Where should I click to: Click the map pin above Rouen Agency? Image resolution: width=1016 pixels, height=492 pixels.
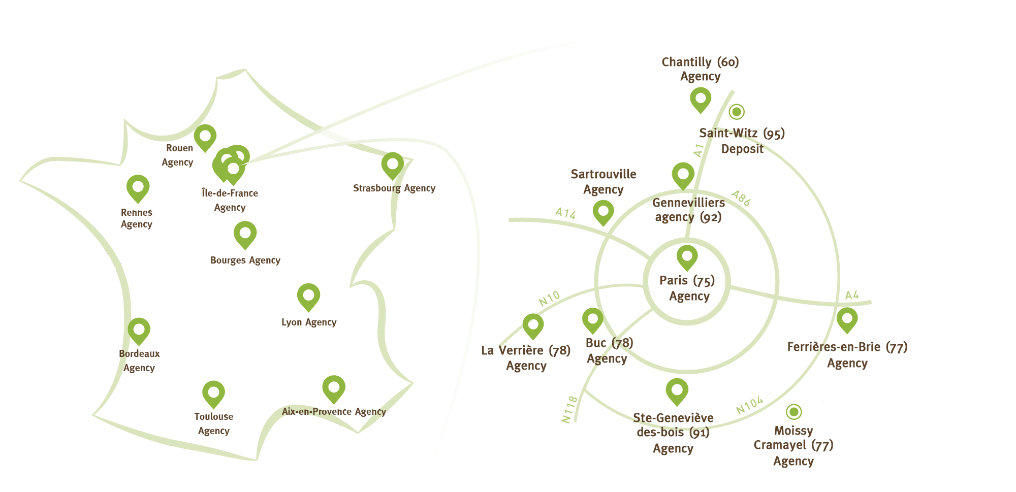click(x=205, y=138)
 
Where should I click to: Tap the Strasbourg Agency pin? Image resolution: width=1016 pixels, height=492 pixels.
click(x=393, y=166)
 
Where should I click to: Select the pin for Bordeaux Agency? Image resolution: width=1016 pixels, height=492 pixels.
click(x=139, y=331)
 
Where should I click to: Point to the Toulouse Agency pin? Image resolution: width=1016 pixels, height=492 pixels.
click(x=213, y=394)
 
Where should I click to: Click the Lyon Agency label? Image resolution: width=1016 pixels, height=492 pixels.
click(x=309, y=322)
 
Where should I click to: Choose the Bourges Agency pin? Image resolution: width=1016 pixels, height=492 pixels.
click(x=245, y=235)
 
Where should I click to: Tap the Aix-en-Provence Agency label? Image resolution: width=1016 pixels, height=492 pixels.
click(x=334, y=412)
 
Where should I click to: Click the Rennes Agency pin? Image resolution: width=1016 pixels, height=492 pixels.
click(x=138, y=188)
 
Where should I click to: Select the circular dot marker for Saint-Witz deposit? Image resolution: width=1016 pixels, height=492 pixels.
click(x=737, y=112)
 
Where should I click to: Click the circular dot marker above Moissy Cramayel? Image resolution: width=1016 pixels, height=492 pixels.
click(x=793, y=411)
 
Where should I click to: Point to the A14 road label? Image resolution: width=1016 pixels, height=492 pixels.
click(x=565, y=213)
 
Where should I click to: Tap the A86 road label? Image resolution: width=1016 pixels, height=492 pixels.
click(x=741, y=198)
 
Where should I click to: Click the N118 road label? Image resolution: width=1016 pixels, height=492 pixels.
click(x=569, y=409)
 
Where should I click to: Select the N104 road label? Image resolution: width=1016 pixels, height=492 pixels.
click(x=750, y=405)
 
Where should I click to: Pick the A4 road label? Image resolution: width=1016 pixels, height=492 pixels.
click(x=852, y=295)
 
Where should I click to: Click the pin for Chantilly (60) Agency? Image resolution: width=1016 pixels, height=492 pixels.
click(x=701, y=100)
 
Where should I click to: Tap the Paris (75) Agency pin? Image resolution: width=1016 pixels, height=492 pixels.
click(x=687, y=257)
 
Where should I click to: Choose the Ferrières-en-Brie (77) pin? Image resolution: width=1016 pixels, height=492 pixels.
click(x=847, y=320)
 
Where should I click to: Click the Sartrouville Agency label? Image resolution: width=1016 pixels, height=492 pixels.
click(x=604, y=182)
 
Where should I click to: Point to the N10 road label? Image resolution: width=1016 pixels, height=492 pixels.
click(x=549, y=299)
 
